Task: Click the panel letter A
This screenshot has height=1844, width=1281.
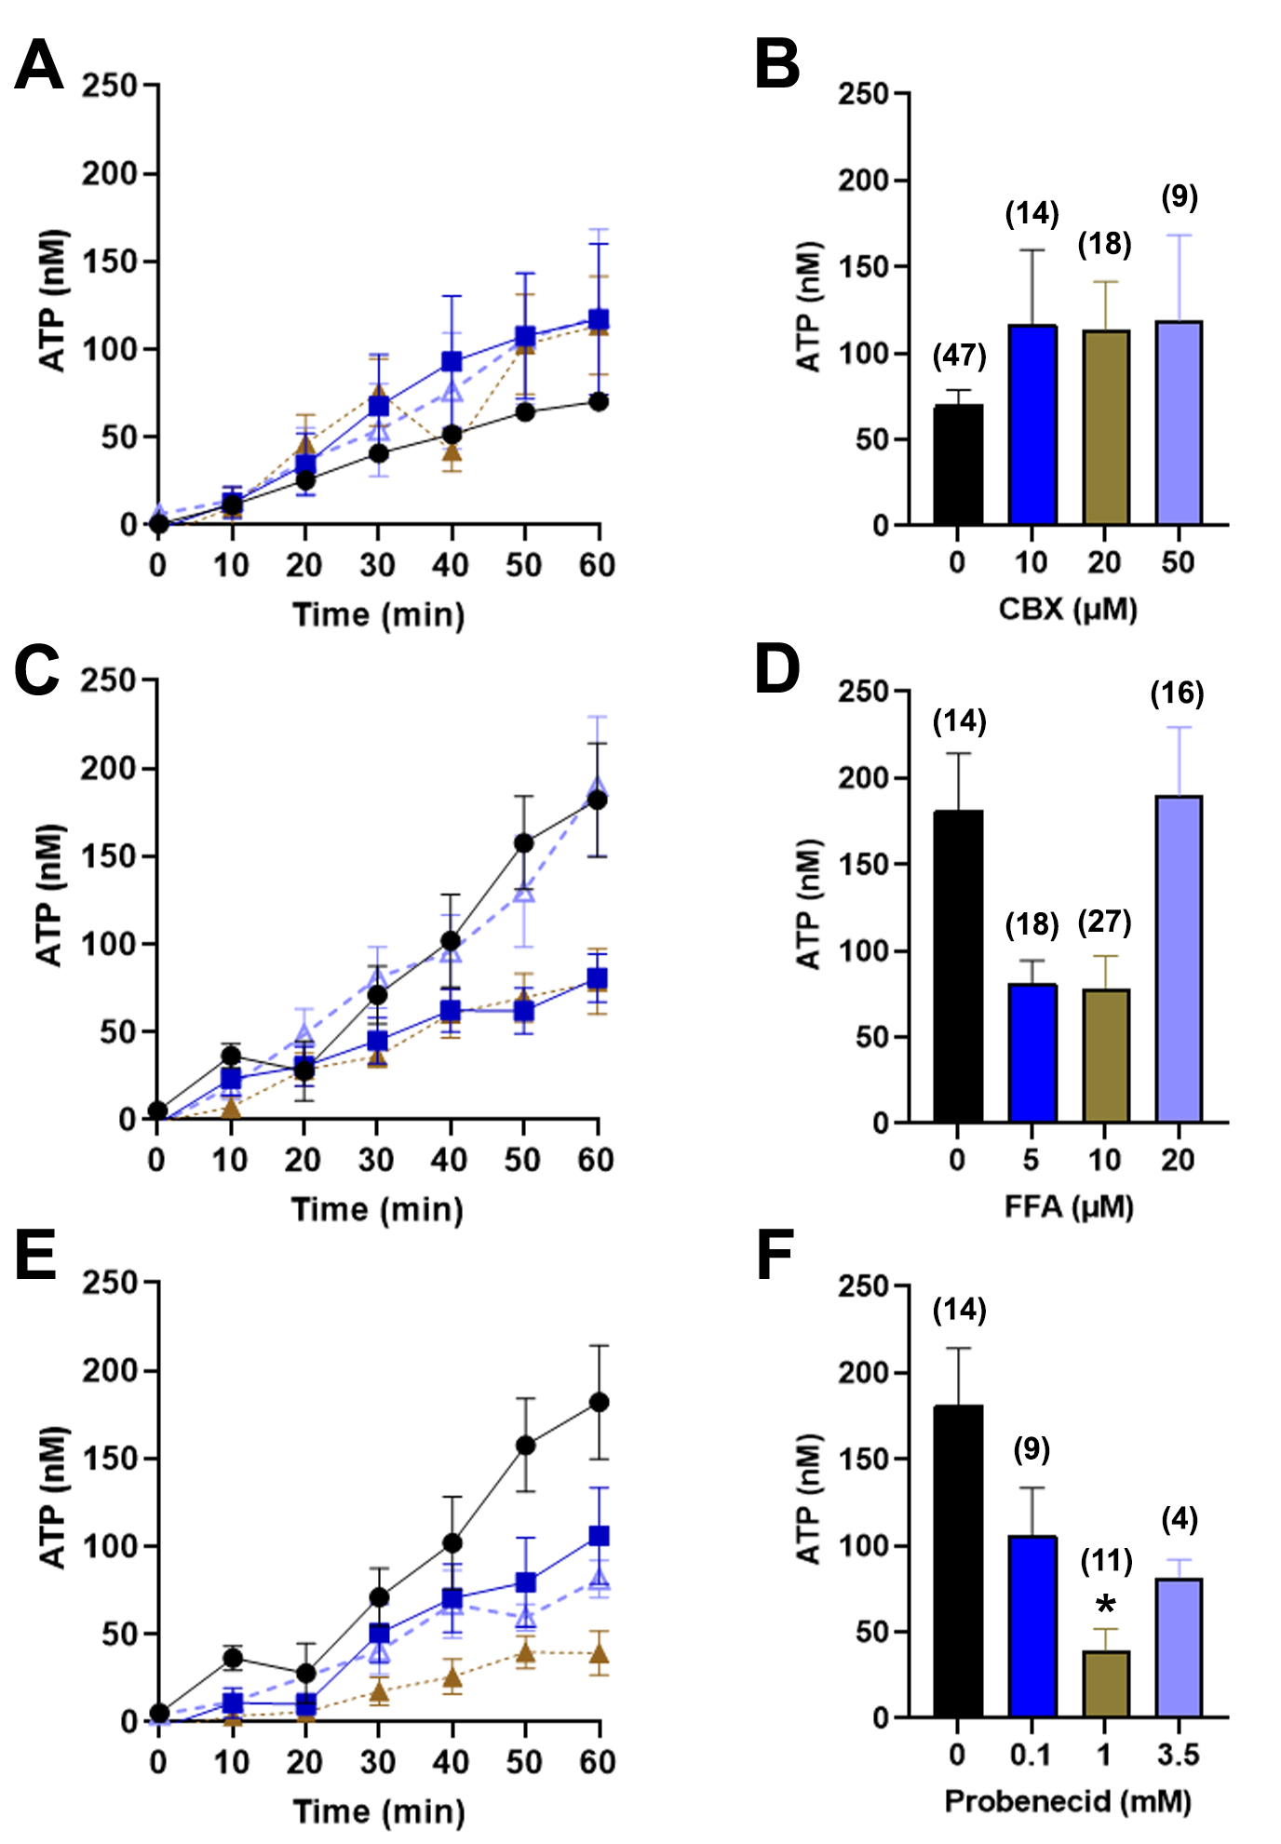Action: [39, 65]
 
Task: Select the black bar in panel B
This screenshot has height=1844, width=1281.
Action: [958, 464]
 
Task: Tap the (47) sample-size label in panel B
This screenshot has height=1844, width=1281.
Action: [959, 356]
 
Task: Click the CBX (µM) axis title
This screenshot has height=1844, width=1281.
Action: [1068, 609]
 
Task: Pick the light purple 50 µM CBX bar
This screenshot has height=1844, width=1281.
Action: [1179, 423]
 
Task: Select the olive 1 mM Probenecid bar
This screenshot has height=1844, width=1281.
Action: [1105, 1684]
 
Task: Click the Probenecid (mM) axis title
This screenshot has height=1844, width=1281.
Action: [1068, 1800]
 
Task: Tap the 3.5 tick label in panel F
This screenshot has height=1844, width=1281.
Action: [1178, 1755]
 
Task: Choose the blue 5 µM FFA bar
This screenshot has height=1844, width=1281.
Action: [1032, 1053]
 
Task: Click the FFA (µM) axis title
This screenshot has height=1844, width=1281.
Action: [1068, 1206]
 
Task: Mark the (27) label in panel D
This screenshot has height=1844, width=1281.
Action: [1105, 922]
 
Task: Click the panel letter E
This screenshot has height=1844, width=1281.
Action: [35, 1256]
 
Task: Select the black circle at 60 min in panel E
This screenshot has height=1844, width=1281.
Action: [599, 1402]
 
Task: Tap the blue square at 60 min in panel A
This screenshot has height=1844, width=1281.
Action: [599, 319]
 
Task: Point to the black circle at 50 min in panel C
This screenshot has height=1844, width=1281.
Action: [524, 843]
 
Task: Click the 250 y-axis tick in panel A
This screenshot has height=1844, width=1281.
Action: [109, 86]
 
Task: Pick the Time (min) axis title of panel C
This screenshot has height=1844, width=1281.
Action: [377, 1209]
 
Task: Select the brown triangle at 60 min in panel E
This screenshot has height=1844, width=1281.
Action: [599, 1654]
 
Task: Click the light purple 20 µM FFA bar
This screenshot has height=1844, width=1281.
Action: [1179, 959]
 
